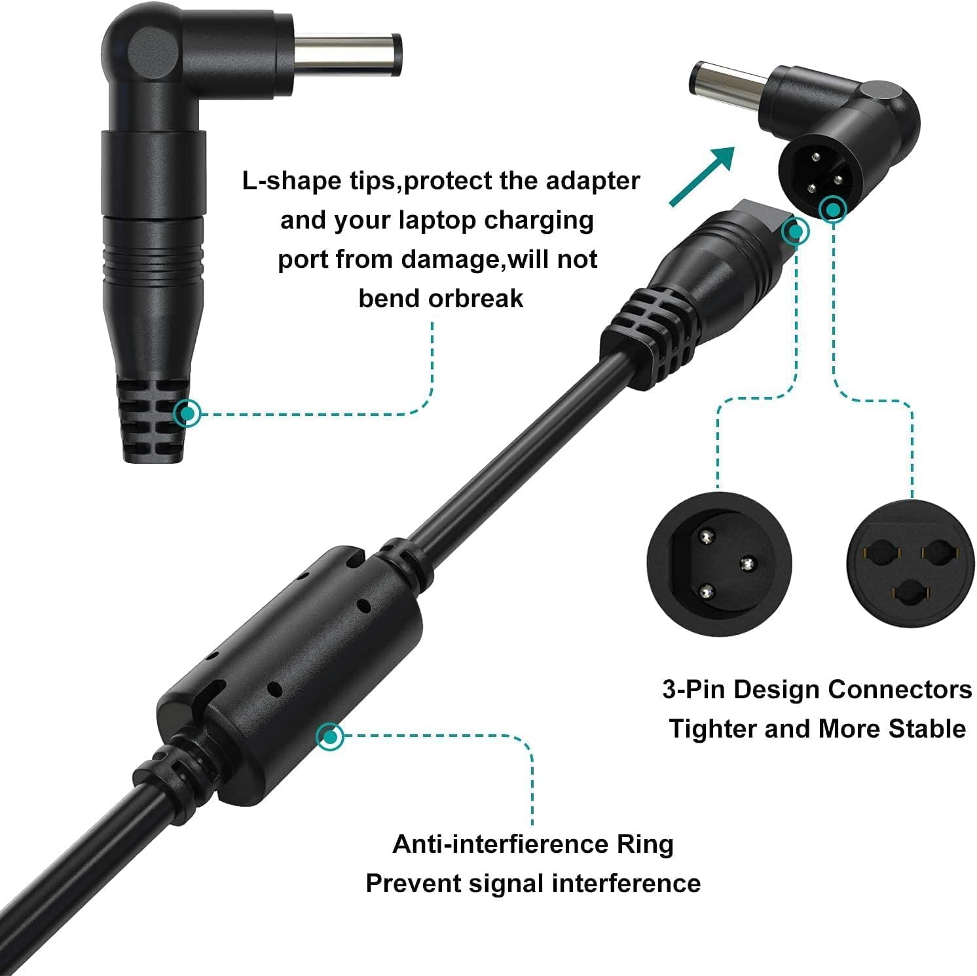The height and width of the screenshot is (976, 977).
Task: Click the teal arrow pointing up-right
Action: point(701,176)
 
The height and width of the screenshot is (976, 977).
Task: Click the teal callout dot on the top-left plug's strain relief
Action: point(188,413)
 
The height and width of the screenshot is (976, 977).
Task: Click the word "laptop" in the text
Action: point(437,220)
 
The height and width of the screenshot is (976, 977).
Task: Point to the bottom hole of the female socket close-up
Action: point(910,595)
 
